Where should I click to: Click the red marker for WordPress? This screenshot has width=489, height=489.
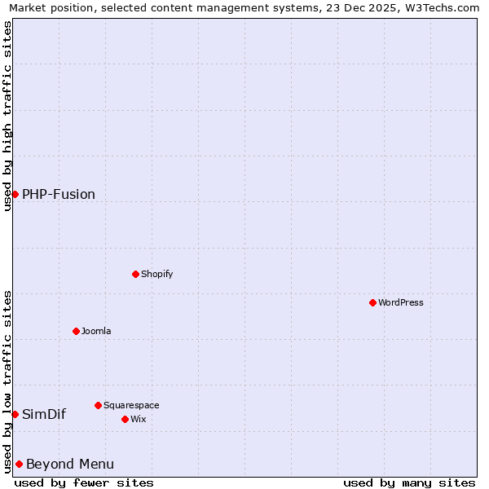coord(372,302)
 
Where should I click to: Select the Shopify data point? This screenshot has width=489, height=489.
coord(135,274)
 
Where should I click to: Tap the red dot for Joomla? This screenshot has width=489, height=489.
coord(76,331)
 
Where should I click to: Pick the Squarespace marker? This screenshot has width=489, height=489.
coord(98,405)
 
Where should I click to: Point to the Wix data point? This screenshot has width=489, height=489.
coord(125,419)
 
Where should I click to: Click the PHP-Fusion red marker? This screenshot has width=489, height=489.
coord(15,194)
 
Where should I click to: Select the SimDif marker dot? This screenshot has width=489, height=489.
coord(15,414)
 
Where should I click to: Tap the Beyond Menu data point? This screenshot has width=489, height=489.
coord(19,464)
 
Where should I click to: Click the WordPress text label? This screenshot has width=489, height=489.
coord(400,302)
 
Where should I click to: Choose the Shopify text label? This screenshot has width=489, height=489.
coord(156,274)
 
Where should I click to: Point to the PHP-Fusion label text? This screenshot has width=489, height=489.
coord(59,194)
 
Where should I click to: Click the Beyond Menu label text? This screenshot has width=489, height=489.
coord(70,464)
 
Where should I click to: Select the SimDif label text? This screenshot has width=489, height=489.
coord(44,414)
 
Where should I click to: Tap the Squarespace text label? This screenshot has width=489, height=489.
coord(131,405)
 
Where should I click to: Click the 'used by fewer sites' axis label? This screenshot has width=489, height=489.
coord(84,482)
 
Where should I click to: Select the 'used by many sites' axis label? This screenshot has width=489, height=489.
coord(409,482)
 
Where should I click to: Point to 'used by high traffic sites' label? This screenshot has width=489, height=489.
coord(7,116)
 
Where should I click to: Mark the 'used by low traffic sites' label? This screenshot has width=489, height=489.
coord(7,381)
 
